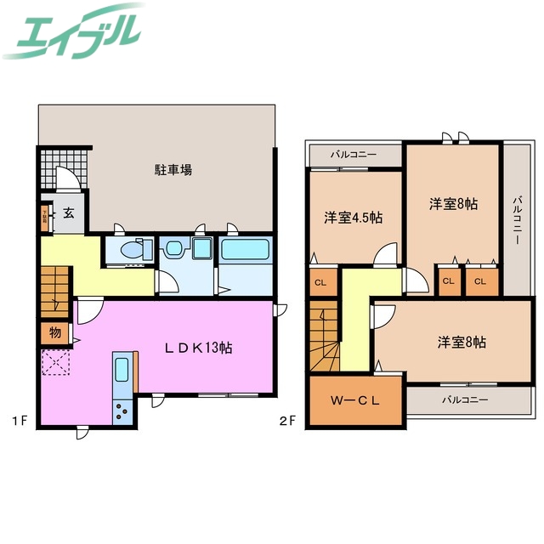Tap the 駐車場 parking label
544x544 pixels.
point(173,169)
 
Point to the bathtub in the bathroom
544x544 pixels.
point(245,250)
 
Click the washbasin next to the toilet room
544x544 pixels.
point(174,248)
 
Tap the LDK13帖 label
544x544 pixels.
point(199,347)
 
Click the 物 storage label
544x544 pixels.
point(54,332)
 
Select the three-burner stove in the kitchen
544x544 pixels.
point(121,411)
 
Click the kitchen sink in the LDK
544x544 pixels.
point(121,371)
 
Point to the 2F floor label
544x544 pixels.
point(290,419)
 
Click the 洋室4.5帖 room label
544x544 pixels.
point(354,217)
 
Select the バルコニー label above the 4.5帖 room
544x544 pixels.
point(354,156)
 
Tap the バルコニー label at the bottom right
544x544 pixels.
point(465,398)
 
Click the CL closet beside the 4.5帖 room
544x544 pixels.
point(320,282)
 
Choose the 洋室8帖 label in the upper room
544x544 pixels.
point(452,204)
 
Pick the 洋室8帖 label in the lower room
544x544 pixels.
point(462,342)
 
